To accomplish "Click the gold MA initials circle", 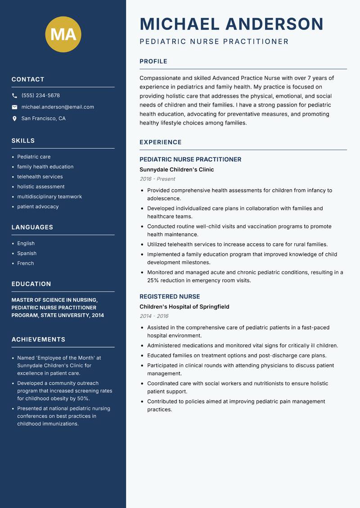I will [x=63, y=34].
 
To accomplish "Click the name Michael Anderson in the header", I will [x=231, y=24].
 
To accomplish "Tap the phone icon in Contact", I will [x=14, y=96].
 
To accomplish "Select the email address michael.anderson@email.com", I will [x=58, y=107].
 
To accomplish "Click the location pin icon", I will [x=14, y=119].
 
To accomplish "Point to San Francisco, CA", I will [x=43, y=119].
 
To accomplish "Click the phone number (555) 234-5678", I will [x=40, y=96].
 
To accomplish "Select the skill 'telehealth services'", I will [x=40, y=177].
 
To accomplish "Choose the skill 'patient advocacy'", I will [x=38, y=207].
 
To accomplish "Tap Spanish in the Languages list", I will [x=27, y=254].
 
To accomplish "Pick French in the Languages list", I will [x=26, y=263].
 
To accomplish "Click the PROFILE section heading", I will [x=153, y=62].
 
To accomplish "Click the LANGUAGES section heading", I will [x=32, y=227].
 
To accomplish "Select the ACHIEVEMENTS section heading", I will [x=38, y=339].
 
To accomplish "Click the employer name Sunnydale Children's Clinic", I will [x=176, y=170].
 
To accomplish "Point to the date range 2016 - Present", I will [x=157, y=179].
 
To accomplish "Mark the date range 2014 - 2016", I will [x=154, y=316].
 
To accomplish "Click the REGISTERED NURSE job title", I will [x=170, y=297].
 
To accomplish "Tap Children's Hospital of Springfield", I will [x=184, y=307].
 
